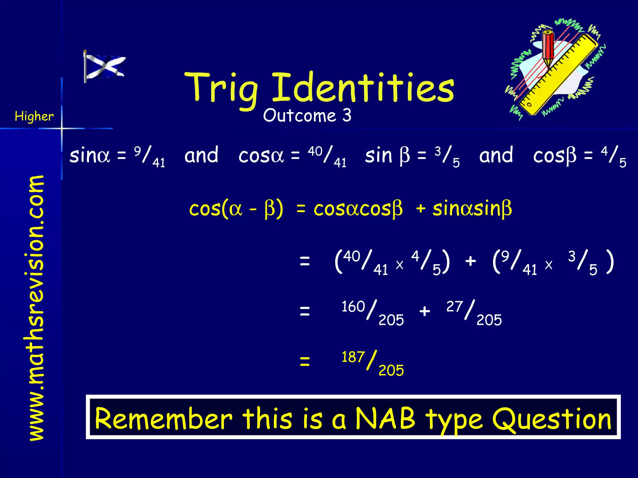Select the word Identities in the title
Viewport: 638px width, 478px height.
363,87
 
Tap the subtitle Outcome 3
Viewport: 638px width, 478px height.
307,115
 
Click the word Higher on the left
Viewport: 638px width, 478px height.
34,116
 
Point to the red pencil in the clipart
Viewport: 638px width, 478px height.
548,47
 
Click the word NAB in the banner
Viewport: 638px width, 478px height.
385,419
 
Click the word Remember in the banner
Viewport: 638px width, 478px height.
164,419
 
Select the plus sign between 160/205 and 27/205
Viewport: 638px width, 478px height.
425,311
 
